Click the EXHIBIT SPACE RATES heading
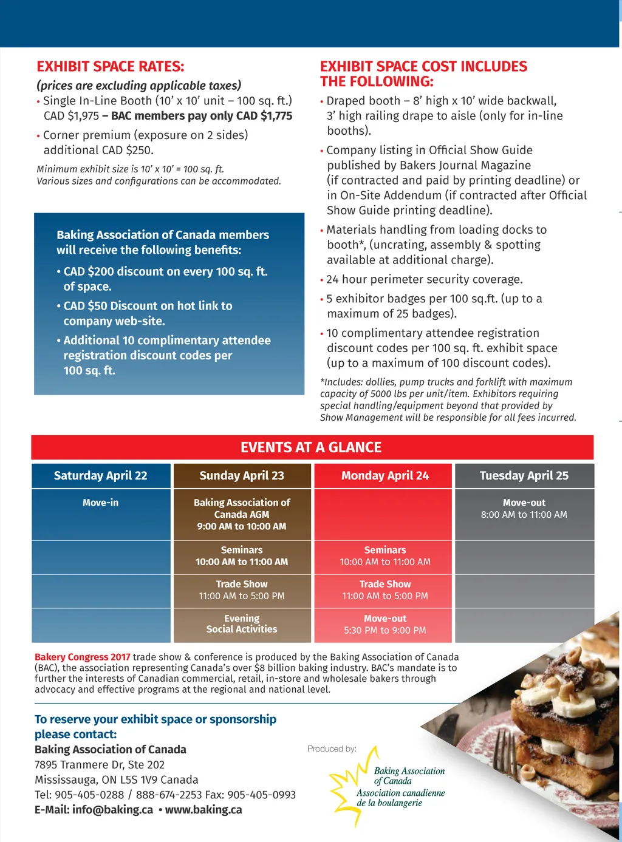coord(110,67)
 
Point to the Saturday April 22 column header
coord(101,476)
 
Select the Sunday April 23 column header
coord(242,476)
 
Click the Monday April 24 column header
coord(384,476)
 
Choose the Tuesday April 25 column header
coord(524,476)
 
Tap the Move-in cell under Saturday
coord(101,503)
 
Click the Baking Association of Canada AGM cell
coord(242,514)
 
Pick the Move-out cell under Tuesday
coord(524,509)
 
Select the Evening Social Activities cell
coord(242,624)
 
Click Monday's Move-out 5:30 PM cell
coord(384,625)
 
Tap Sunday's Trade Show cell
coord(242,590)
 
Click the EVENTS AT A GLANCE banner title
coord(311,447)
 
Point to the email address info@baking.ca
coord(112,810)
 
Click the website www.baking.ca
coord(203,810)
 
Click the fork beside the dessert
coord(504,753)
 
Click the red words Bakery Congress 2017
coord(83,657)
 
